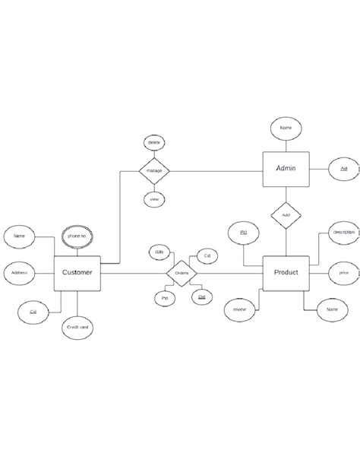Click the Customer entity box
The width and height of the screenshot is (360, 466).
(x=77, y=272)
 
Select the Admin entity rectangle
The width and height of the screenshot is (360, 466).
(x=286, y=168)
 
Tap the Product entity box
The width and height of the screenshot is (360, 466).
(x=286, y=272)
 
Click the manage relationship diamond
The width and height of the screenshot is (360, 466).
(x=155, y=170)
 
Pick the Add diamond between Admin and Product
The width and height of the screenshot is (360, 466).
(x=286, y=215)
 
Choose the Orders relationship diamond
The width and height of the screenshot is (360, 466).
(x=182, y=272)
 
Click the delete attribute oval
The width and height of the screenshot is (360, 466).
(x=155, y=142)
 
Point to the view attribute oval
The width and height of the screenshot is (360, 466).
(x=155, y=199)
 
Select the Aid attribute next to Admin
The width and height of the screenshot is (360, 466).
(x=343, y=168)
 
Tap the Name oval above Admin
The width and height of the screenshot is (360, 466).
(x=286, y=128)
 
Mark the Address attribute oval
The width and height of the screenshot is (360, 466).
(x=21, y=271)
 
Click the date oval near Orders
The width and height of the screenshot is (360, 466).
(x=159, y=252)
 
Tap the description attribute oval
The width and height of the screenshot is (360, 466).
(x=343, y=233)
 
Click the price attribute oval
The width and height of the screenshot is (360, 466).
(x=343, y=271)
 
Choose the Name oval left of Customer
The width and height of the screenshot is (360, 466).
(x=21, y=236)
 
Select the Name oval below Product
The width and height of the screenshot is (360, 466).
(x=332, y=310)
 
